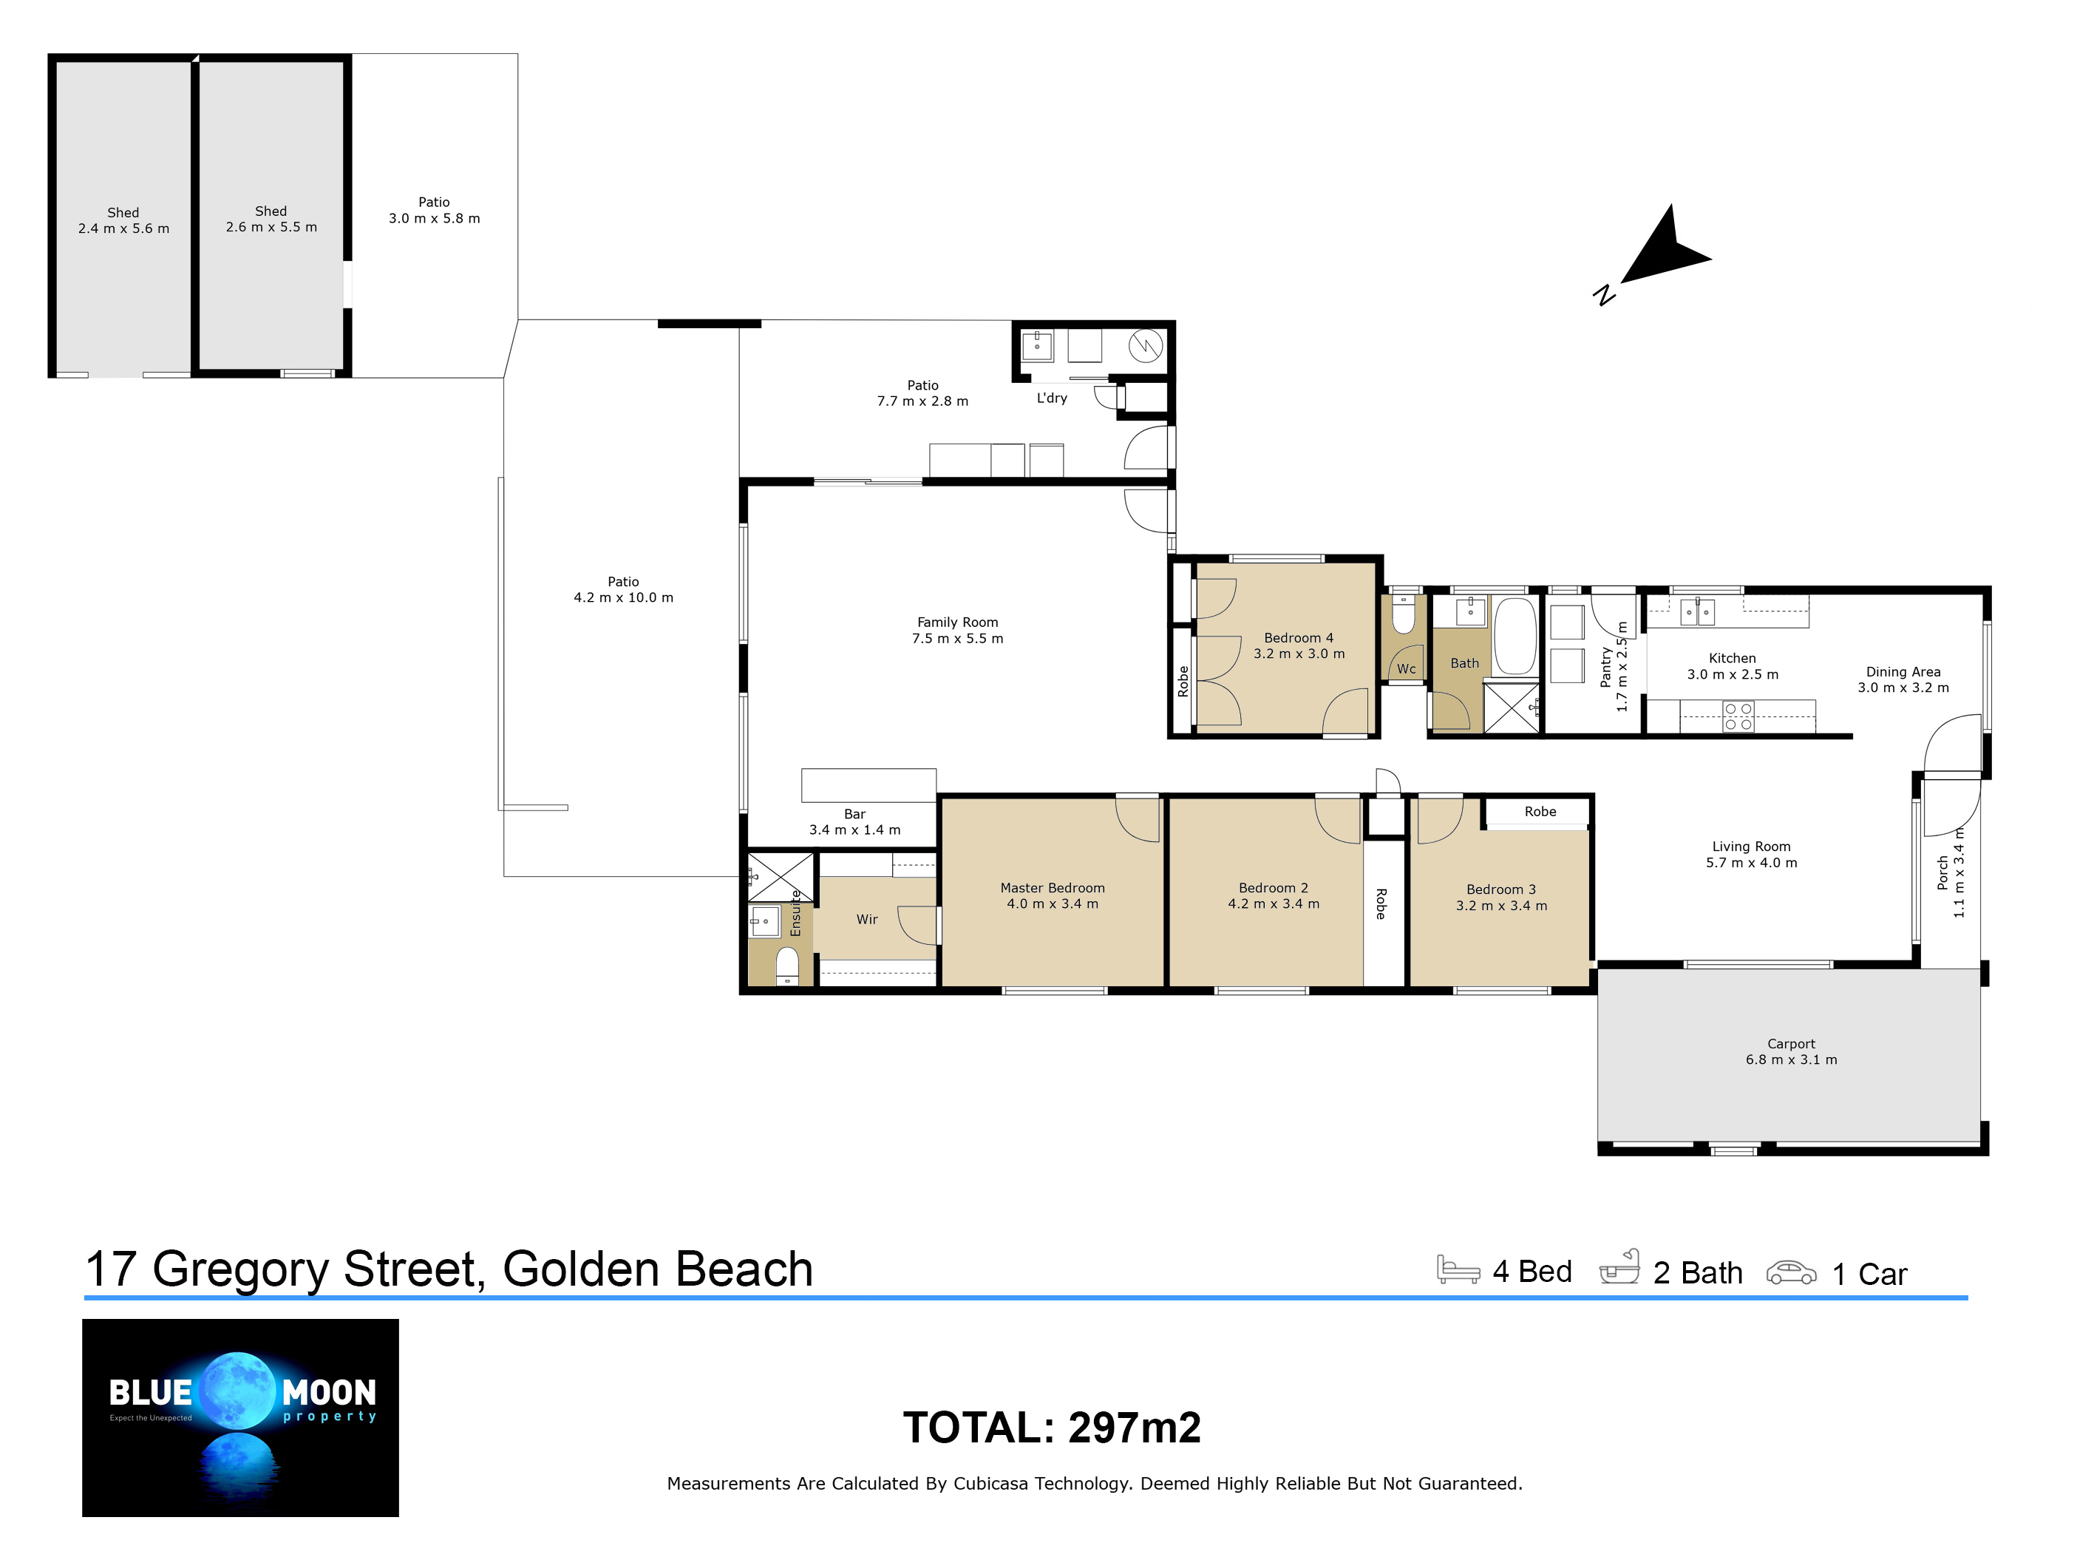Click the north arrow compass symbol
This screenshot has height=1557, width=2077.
(x=1657, y=254)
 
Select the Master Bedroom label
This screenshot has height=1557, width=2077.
(x=1052, y=887)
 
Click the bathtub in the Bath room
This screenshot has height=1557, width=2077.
(x=1515, y=636)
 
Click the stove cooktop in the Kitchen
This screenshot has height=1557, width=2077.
(x=1738, y=716)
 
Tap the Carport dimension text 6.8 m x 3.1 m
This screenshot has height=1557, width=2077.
(x=1791, y=1059)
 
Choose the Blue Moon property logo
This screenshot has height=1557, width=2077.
(x=240, y=1417)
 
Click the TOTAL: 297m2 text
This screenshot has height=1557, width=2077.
(x=1052, y=1428)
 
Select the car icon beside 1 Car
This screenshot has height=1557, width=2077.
(x=1791, y=1272)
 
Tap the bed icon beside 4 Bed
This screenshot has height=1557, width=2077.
(x=1458, y=1269)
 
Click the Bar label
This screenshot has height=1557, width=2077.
(x=854, y=814)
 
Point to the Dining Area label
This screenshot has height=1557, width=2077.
(x=1903, y=671)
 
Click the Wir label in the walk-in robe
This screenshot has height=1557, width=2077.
(x=867, y=920)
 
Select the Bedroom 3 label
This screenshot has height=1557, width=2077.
(x=1500, y=889)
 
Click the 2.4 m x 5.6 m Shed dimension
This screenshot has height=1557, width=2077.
(x=124, y=228)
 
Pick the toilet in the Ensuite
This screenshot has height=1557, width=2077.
(x=787, y=966)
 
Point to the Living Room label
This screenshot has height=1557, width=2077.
(x=1750, y=846)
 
